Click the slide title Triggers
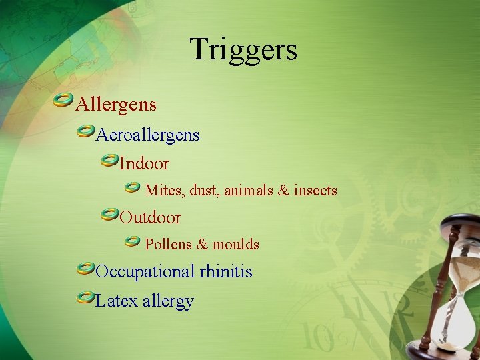point(243,49)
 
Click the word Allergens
point(116,105)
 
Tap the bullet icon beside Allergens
point(63,101)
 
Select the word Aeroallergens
point(147,135)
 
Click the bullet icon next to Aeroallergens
point(85,132)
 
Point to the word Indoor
point(144,163)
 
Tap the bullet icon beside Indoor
point(109,160)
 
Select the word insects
point(315,191)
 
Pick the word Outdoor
point(150,218)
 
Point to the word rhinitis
point(226,272)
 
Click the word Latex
point(116,301)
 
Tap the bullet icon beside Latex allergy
point(85,297)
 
